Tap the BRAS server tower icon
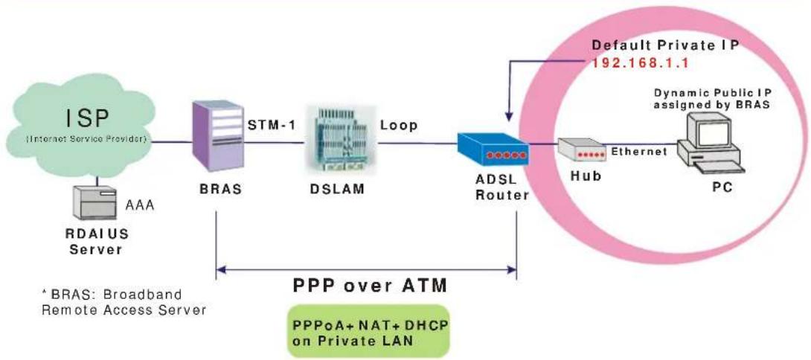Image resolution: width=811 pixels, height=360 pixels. [x=218, y=137]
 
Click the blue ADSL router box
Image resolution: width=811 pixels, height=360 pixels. [x=493, y=150]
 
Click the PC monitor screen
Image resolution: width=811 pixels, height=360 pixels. [x=714, y=130]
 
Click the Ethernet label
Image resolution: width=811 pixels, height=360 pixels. [x=639, y=152]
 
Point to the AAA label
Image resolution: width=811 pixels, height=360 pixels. [x=140, y=205]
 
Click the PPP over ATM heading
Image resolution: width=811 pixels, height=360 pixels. [x=370, y=286]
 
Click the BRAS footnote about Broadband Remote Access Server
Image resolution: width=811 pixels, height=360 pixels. [x=124, y=302]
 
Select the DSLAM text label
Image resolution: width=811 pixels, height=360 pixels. [x=337, y=190]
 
